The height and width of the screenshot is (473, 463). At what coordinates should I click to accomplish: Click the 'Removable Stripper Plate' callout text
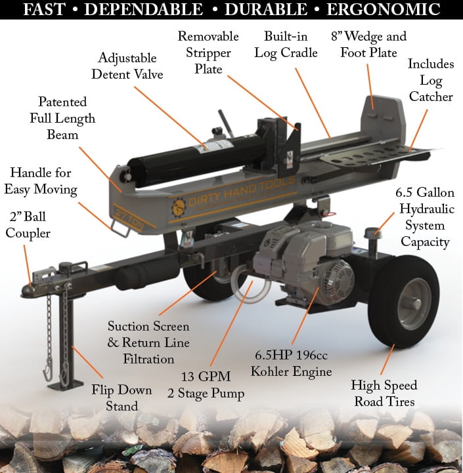click(208, 52)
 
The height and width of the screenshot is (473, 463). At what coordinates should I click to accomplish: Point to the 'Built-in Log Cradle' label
click(290, 45)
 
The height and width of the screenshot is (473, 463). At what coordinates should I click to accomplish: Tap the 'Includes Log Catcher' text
click(430, 81)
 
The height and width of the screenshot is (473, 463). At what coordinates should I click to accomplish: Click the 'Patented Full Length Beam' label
click(62, 118)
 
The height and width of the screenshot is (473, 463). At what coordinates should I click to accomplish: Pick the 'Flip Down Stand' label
click(122, 398)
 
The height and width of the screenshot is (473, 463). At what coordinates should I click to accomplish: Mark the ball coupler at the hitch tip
click(28, 289)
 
